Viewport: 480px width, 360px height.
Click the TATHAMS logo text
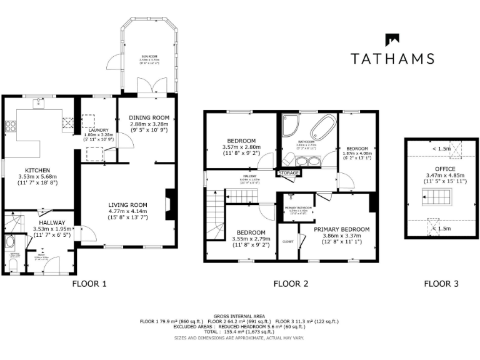pyautogui.click(x=392, y=59)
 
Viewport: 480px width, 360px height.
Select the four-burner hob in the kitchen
pyautogui.click(x=11, y=127)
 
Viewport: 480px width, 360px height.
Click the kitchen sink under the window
pyautogui.click(x=39, y=101)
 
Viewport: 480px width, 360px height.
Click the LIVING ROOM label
pyautogui.click(x=127, y=205)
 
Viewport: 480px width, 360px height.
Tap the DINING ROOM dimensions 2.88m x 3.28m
pyautogui.click(x=149, y=124)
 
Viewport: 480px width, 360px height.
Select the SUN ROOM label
pyautogui.click(x=149, y=57)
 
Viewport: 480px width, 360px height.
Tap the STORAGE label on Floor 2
pyautogui.click(x=289, y=172)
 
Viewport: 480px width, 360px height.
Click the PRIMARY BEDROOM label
pyautogui.click(x=341, y=229)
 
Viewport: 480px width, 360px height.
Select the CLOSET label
pyautogui.click(x=288, y=241)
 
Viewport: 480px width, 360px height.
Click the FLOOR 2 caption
pyautogui.click(x=291, y=283)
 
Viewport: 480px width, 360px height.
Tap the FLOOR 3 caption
pyautogui.click(x=441, y=283)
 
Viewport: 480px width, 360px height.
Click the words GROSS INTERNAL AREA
pyautogui.click(x=239, y=316)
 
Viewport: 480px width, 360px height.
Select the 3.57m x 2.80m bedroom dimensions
pyautogui.click(x=241, y=147)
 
